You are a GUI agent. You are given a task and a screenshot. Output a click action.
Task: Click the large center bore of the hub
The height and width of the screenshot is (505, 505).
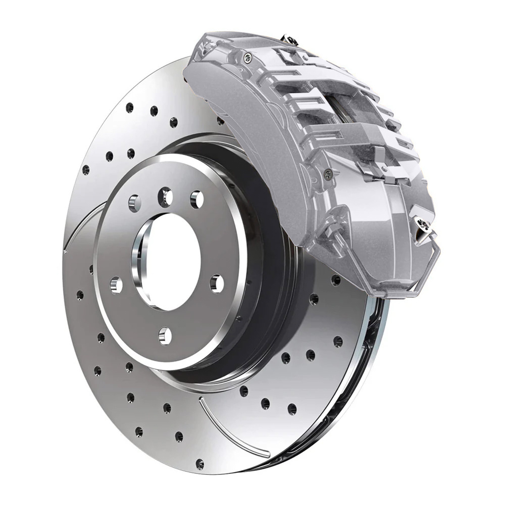(170, 261)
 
